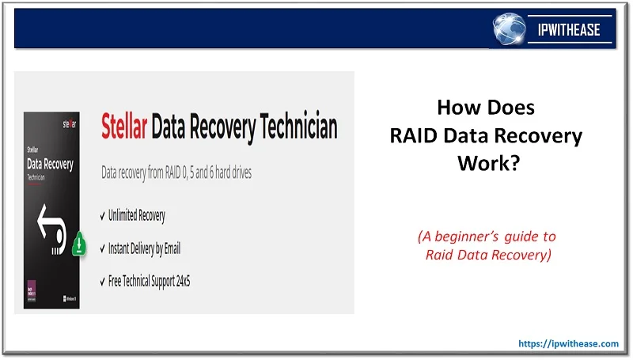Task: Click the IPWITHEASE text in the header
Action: point(567,31)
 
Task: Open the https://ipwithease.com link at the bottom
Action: point(568,343)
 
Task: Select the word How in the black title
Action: point(457,108)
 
